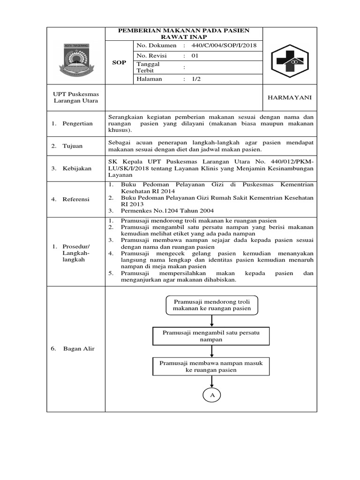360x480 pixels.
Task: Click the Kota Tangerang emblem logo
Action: [x=75, y=60]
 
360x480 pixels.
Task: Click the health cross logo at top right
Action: [x=289, y=61]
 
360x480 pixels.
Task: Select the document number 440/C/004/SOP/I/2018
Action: [x=224, y=45]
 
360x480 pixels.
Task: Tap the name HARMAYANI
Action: [x=289, y=97]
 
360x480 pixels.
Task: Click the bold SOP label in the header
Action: [x=120, y=62]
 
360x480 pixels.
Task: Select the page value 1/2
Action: [x=196, y=79]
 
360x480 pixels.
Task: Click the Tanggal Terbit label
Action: [x=148, y=67]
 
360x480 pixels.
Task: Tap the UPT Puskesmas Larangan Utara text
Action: [x=75, y=97]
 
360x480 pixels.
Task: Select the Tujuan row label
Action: [x=73, y=146]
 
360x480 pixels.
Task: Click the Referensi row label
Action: [x=76, y=199]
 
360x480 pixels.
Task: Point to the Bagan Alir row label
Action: [x=78, y=348]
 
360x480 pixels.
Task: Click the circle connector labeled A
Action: [x=212, y=396]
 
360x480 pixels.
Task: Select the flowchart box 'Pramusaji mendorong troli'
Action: [x=212, y=305]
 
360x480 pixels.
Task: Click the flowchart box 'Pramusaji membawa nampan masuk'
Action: [x=211, y=366]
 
